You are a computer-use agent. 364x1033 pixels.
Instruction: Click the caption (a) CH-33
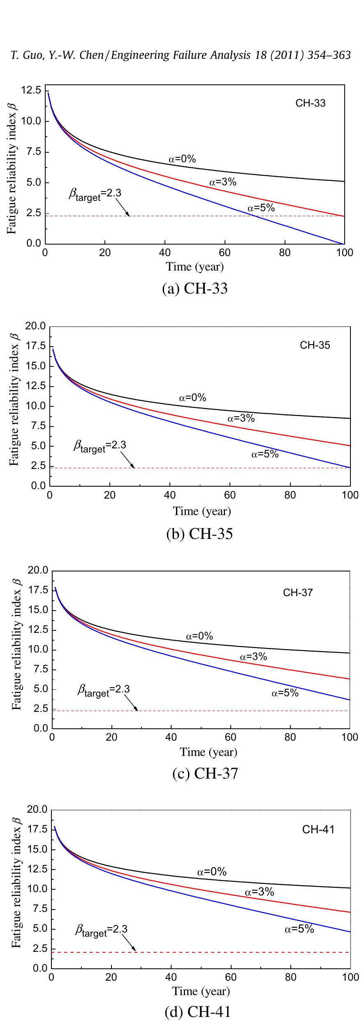point(195,289)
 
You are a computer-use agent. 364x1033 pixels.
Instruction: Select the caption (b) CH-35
point(199,534)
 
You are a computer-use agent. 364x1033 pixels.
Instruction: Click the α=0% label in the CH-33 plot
point(182,159)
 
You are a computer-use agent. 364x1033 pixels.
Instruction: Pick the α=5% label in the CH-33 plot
point(261,208)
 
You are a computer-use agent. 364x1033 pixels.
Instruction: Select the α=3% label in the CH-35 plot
point(241,418)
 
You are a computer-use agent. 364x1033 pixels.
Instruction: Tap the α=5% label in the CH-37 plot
point(285,693)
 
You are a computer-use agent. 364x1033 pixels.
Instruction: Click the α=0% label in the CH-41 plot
point(212,872)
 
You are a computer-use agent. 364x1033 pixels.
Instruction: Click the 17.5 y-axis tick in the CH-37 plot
point(38,590)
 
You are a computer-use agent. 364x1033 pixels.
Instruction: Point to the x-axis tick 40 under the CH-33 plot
point(165,252)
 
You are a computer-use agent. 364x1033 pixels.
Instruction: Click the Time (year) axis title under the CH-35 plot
point(202,511)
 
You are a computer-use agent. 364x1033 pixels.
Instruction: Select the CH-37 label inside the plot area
point(298,592)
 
